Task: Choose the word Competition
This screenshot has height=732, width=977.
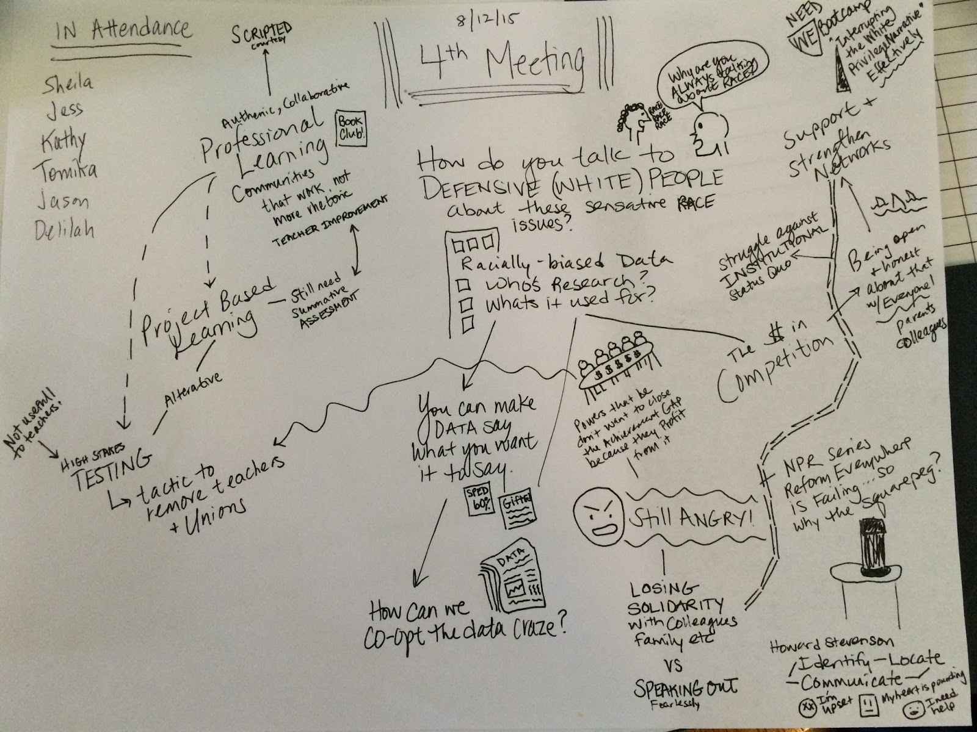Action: coord(770,371)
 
